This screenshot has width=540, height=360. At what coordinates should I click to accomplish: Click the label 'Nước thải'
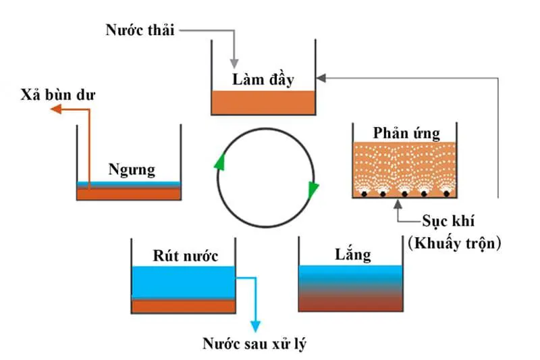[140, 30]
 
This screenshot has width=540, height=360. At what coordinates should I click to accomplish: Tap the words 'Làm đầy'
[263, 79]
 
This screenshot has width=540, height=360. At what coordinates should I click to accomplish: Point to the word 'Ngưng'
[132, 168]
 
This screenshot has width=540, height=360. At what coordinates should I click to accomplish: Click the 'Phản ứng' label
[405, 132]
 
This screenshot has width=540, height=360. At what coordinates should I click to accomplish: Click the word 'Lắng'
[353, 255]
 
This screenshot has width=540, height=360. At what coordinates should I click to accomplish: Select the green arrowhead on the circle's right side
[312, 190]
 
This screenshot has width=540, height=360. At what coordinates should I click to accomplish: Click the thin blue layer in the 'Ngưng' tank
[129, 184]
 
